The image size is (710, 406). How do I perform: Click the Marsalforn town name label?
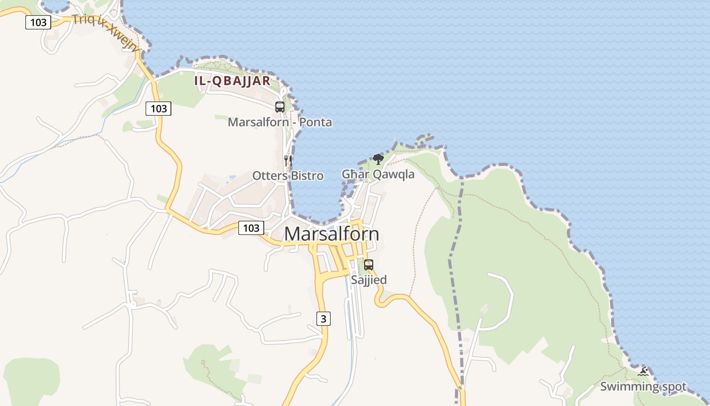(x=332, y=234)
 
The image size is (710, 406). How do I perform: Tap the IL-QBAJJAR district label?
(x=232, y=81)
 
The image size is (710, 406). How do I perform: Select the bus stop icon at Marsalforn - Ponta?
(x=280, y=107)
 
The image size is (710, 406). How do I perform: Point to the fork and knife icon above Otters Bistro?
(x=288, y=161)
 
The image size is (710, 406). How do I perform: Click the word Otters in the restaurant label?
(x=270, y=176)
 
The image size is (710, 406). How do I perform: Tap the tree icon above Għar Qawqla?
(x=378, y=159)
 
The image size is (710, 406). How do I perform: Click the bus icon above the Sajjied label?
(x=369, y=265)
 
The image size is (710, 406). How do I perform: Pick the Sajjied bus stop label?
(x=369, y=280)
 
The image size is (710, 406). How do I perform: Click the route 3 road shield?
(x=324, y=319)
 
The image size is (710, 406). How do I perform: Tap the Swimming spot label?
(x=643, y=387)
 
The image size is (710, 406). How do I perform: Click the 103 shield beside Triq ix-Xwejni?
(x=39, y=22)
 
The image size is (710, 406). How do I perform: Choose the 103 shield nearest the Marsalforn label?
(x=251, y=228)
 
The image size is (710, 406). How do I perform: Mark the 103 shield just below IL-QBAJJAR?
(x=159, y=108)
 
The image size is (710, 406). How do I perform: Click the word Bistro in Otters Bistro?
(x=307, y=176)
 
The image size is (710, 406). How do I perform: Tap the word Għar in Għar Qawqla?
(x=352, y=175)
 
